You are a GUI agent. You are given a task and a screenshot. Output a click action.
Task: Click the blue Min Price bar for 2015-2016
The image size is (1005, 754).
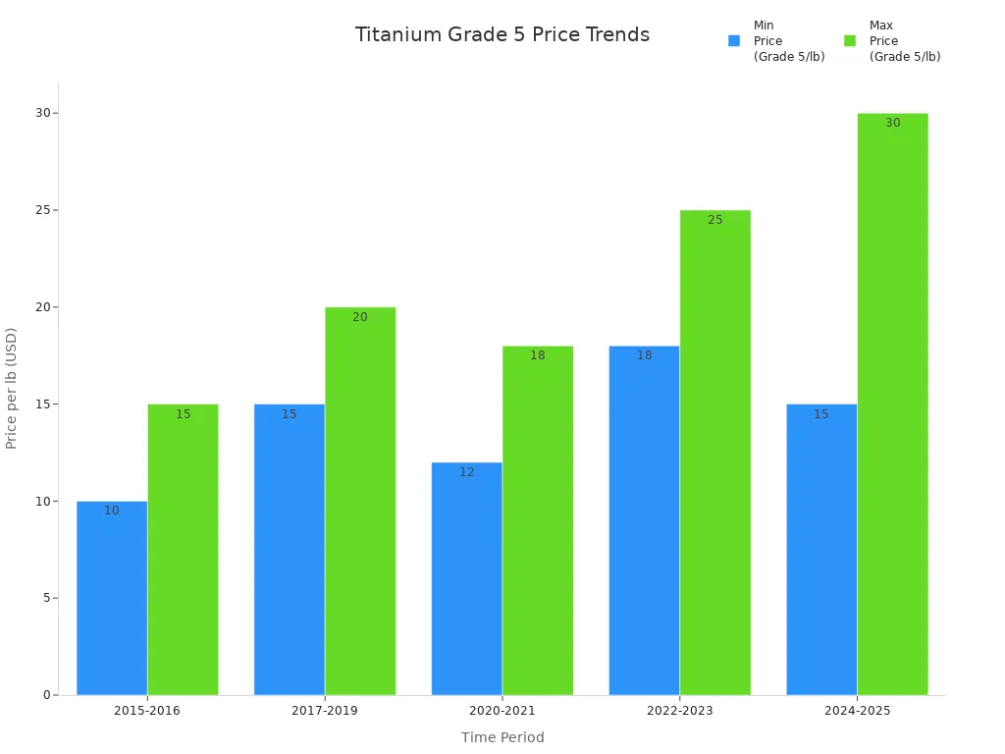click(112, 599)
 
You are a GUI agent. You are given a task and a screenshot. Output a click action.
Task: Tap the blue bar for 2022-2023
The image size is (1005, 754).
click(644, 520)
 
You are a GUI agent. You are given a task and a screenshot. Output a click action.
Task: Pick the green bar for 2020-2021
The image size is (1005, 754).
click(538, 520)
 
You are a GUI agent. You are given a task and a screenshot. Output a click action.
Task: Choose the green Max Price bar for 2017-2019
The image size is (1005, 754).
click(360, 501)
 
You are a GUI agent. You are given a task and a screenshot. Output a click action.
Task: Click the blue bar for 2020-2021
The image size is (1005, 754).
click(466, 579)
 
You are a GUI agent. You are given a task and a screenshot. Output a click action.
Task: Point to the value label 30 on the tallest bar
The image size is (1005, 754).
click(892, 123)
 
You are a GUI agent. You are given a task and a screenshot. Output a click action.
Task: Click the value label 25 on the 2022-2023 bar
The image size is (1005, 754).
click(714, 220)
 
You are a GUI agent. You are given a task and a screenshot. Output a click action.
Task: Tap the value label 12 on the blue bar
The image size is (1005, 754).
click(466, 472)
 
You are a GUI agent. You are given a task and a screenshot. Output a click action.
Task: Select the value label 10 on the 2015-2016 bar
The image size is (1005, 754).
click(112, 511)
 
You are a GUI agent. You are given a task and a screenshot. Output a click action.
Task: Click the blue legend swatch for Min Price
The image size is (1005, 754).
click(734, 41)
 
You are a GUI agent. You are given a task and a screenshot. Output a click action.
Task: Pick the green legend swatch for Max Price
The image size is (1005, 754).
click(850, 41)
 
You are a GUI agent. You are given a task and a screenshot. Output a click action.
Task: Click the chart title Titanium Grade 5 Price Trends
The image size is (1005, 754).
click(502, 35)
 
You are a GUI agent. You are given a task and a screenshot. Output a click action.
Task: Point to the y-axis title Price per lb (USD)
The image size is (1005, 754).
click(12, 389)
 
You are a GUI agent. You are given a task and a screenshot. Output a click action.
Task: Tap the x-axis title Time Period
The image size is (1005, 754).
click(502, 737)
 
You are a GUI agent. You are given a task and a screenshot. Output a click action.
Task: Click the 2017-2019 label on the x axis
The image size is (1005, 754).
click(325, 711)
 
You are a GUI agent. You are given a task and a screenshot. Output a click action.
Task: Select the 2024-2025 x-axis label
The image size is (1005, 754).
click(857, 711)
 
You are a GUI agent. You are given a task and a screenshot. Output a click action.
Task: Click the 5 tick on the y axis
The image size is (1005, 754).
click(47, 598)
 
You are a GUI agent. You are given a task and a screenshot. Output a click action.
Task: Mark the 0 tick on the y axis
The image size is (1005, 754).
click(47, 695)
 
